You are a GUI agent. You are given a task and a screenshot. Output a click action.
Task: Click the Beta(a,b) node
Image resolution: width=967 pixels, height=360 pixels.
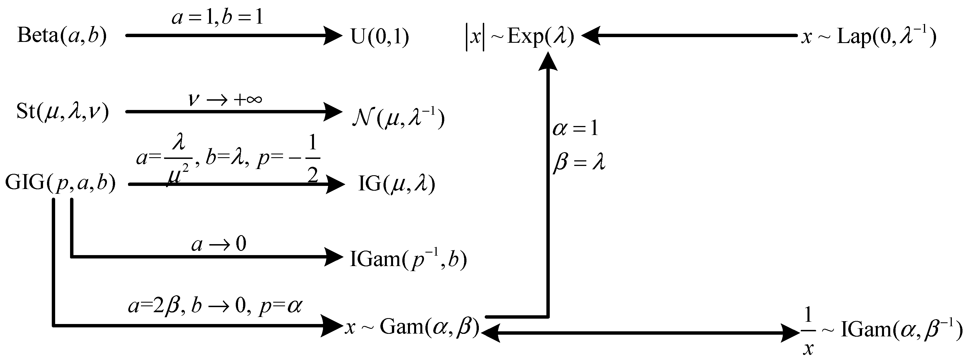[x=62, y=36]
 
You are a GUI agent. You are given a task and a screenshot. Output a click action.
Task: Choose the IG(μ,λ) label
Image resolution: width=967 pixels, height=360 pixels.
[x=396, y=184]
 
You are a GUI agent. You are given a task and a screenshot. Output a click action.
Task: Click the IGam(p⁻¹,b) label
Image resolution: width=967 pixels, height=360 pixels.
[x=408, y=259]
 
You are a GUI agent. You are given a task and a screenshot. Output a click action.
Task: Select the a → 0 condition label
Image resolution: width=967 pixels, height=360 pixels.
[x=219, y=244]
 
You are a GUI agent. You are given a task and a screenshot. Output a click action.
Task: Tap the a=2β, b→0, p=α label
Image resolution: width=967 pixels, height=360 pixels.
[x=215, y=306]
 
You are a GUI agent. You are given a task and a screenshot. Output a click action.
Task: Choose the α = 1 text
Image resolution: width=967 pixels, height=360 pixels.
[x=575, y=129]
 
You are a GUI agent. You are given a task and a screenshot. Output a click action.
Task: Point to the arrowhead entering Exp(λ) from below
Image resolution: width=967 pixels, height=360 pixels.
[x=548, y=61]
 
